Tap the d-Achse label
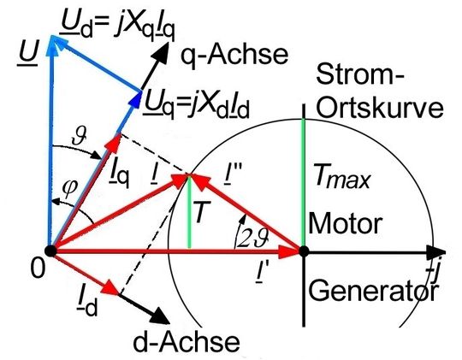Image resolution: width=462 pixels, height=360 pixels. click(x=186, y=342)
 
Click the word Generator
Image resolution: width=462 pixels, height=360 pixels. click(x=372, y=292)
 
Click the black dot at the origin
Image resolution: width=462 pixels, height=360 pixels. click(x=50, y=251)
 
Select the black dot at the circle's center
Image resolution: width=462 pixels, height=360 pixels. click(x=303, y=251)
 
